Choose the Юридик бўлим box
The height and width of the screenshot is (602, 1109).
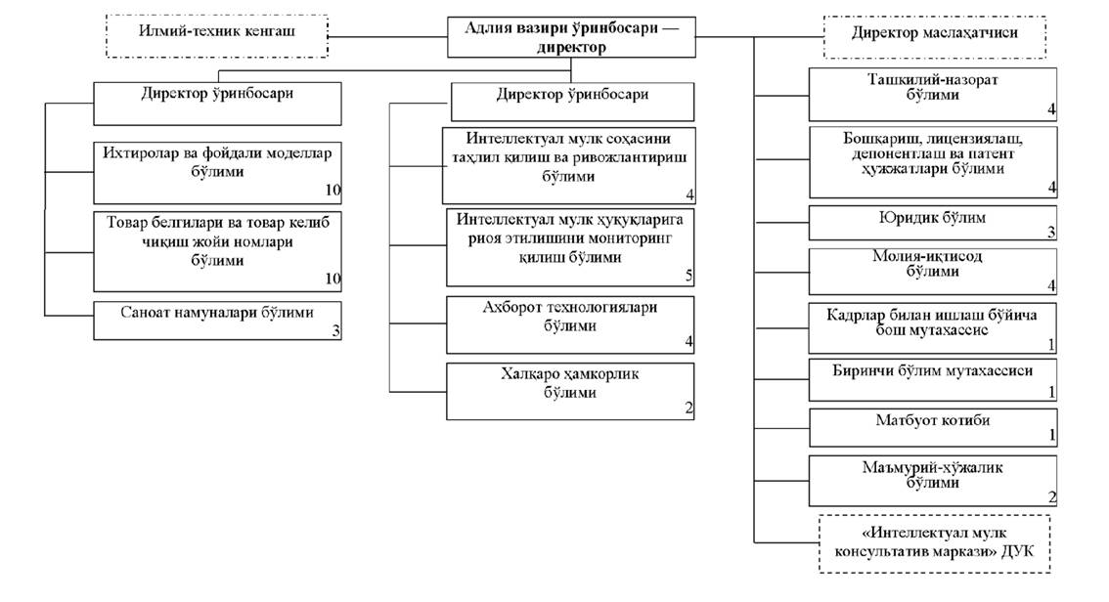[x=934, y=222]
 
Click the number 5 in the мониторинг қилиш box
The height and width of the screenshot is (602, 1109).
[x=688, y=277]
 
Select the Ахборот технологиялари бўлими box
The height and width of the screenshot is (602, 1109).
[x=569, y=323]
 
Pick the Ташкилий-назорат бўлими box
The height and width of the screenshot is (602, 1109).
[x=934, y=94]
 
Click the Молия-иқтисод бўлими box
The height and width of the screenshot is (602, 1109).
[x=934, y=272]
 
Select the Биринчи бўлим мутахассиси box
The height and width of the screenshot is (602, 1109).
[x=934, y=379]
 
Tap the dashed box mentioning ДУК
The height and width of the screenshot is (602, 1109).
[x=934, y=544]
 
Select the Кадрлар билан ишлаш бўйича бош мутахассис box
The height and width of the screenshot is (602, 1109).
[x=934, y=327]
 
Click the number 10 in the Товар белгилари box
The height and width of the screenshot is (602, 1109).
[x=332, y=279]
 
